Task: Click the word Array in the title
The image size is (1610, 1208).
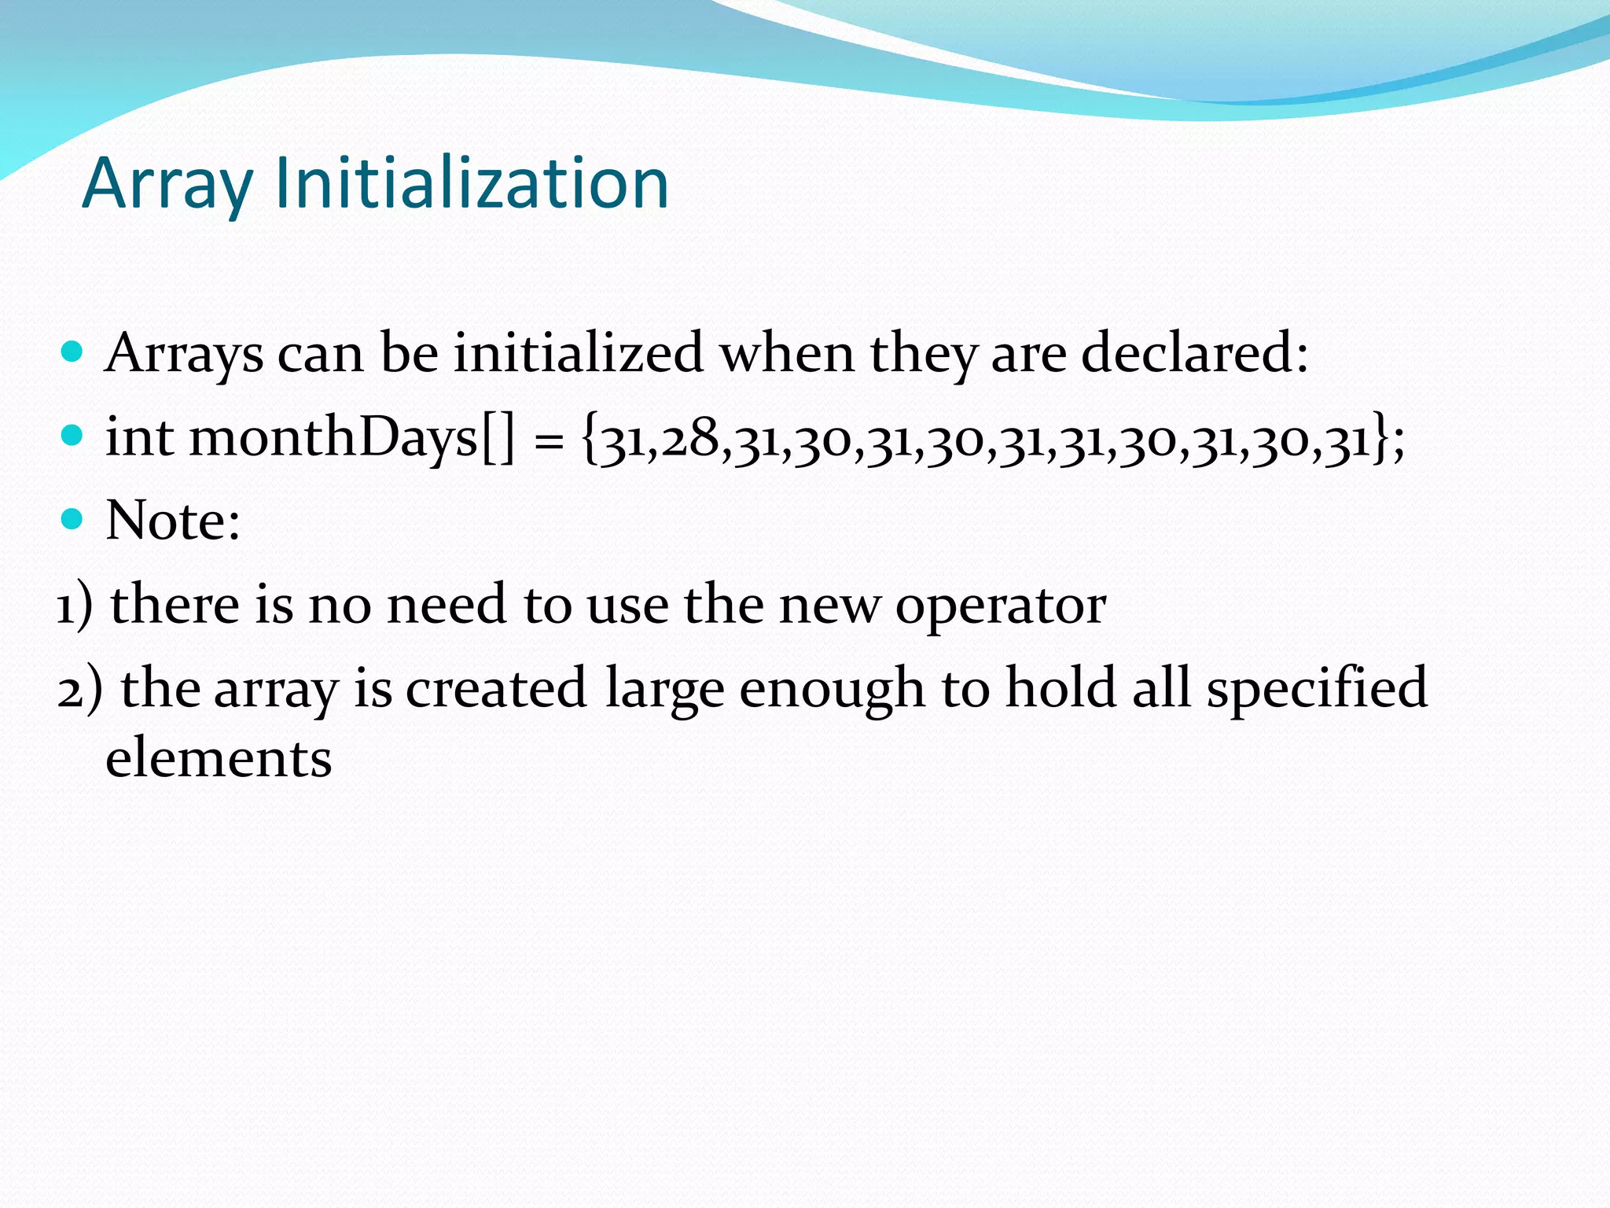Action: tap(167, 185)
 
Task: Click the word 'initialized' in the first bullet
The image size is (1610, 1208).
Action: tap(578, 352)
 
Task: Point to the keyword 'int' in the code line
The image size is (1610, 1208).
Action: tap(139, 436)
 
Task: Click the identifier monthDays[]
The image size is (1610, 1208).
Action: tap(352, 438)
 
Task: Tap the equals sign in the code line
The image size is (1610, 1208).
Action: tap(548, 441)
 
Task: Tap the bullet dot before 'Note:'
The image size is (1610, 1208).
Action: tap(72, 519)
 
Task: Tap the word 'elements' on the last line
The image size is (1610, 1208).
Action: tap(219, 758)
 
